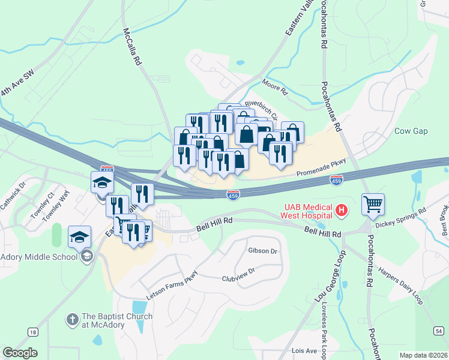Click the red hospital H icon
[x=342, y=210]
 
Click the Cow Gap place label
[x=411, y=131]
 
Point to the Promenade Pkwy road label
[x=322, y=175]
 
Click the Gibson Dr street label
[x=262, y=251]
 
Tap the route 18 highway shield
[x=32, y=332]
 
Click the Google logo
[x=20, y=353]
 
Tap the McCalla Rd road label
[x=132, y=46]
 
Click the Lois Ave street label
[x=304, y=350]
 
